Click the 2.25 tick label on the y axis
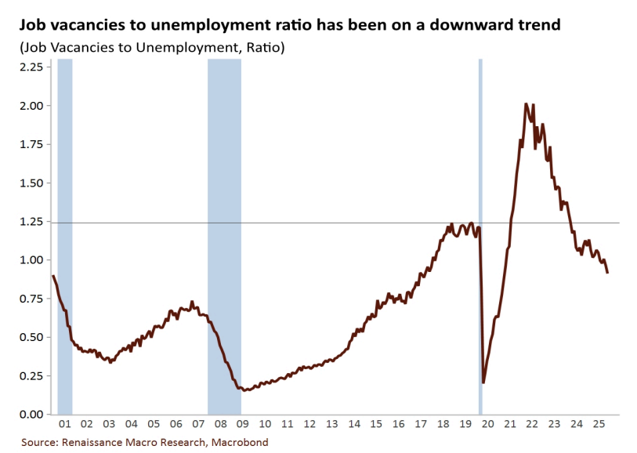coord(31,67)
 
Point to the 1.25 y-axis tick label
coord(31,222)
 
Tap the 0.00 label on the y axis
coord(31,414)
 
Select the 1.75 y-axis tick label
coord(31,144)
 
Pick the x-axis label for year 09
coord(244,424)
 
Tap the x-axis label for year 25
coord(599,424)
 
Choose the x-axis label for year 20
coord(487,424)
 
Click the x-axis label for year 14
coord(354,424)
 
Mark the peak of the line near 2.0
coord(526,103)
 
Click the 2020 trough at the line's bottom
coord(483,382)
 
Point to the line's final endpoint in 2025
coord(607,272)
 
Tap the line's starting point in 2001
coord(52,276)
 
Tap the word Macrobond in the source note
coord(239,442)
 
